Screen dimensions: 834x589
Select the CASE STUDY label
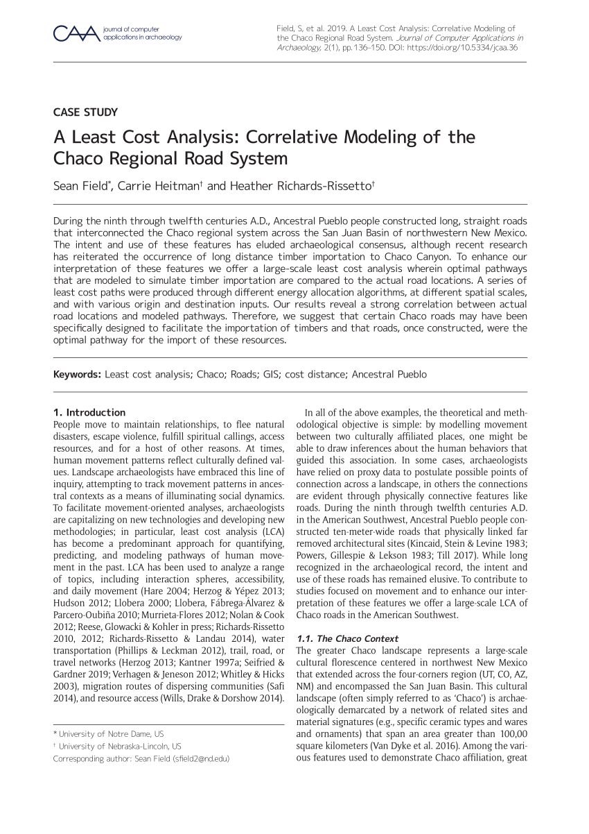pyautogui.click(x=85, y=112)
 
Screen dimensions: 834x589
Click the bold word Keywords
pyautogui.click(x=78, y=375)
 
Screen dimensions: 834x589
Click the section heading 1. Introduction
pyautogui.click(x=89, y=412)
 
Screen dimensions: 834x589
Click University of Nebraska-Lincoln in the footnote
pyautogui.click(x=120, y=746)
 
